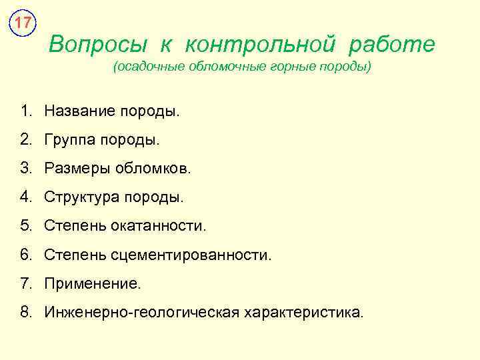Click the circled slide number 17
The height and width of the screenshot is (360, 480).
pos(23,23)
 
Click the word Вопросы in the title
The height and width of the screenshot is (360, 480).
pos(98,45)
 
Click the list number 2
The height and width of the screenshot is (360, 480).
pos(25,139)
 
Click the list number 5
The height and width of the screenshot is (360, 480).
pos(25,225)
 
